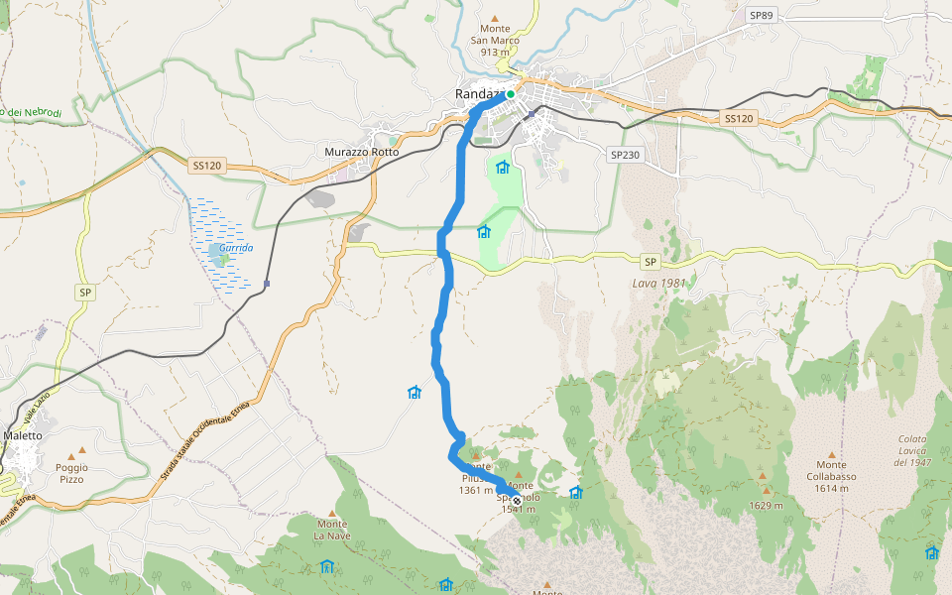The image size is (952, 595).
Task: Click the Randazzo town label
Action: (479, 94)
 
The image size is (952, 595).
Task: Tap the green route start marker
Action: (511, 94)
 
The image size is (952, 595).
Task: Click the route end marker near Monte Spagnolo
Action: (517, 500)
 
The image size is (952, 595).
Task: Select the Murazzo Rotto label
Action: (362, 152)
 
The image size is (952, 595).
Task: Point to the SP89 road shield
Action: (761, 16)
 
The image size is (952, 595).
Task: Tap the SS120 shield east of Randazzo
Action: (738, 118)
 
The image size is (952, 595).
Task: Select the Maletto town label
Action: (23, 435)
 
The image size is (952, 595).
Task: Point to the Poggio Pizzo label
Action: (71, 473)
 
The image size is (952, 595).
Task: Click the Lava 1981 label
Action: (657, 284)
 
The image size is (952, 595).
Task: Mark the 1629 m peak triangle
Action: (765, 489)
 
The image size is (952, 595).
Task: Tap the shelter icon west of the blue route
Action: (415, 393)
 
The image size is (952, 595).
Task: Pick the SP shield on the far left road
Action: (86, 293)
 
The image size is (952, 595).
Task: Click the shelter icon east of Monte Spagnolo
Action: (575, 492)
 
